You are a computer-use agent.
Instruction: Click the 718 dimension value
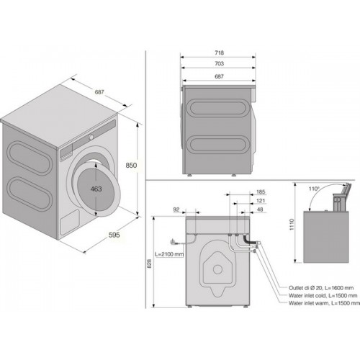click(x=220, y=53)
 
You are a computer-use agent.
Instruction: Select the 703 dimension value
click(x=220, y=63)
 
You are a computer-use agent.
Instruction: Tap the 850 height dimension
click(x=131, y=165)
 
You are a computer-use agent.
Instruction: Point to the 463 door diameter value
click(x=96, y=189)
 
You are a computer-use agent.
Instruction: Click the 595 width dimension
click(x=114, y=235)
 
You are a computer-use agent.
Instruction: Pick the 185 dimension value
click(x=261, y=192)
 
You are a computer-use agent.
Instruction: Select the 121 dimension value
click(x=261, y=201)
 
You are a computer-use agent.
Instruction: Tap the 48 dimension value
click(x=260, y=210)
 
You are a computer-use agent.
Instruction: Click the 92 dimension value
click(x=176, y=210)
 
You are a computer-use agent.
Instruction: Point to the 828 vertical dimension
click(x=149, y=264)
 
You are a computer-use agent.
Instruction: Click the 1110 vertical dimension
click(x=292, y=225)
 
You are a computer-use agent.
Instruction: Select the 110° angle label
click(x=314, y=189)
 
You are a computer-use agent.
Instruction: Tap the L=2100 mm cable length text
click(x=169, y=254)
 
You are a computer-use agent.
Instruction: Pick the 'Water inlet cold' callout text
click(x=307, y=295)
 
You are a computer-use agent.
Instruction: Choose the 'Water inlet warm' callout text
click(x=309, y=303)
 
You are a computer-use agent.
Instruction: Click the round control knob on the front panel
click(x=91, y=138)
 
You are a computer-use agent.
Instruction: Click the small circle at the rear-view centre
click(x=217, y=269)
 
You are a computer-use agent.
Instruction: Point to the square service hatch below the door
click(x=70, y=222)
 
